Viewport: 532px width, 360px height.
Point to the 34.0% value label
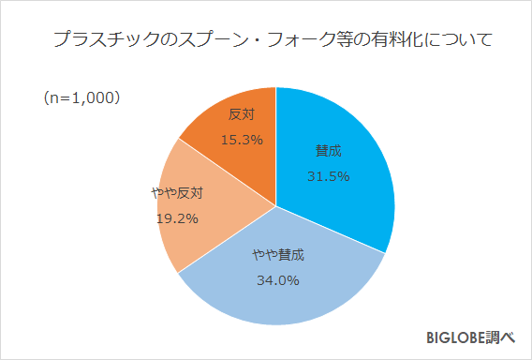278,278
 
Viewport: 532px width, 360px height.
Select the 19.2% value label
176,217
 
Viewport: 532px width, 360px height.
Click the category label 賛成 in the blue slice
329,151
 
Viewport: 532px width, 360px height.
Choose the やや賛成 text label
278,255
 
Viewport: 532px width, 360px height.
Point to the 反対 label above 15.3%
241,115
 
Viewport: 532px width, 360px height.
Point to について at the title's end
459,41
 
